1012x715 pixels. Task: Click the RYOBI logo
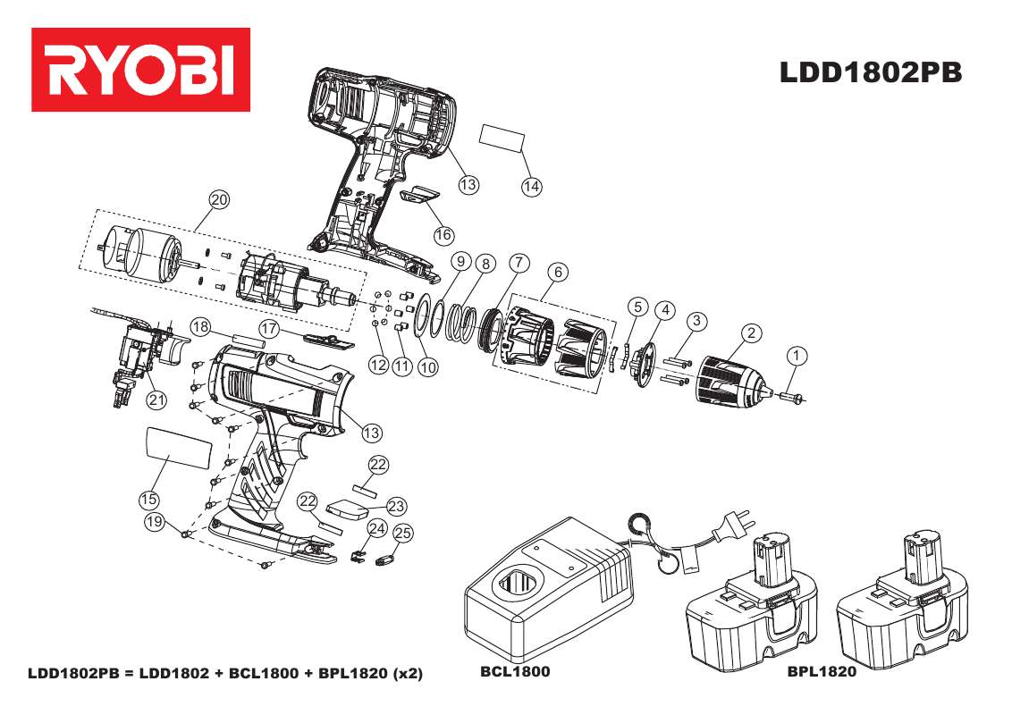tap(140, 70)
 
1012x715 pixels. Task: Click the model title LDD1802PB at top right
tap(871, 73)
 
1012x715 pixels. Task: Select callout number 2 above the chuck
tap(752, 333)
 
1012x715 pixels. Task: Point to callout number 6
tap(557, 271)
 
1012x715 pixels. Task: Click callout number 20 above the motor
tap(219, 199)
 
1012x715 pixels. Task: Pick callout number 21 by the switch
tap(157, 400)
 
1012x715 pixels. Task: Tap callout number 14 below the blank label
tap(532, 186)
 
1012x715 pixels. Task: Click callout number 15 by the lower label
tap(148, 497)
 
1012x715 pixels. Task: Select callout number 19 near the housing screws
tap(156, 522)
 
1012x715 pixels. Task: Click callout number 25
tap(403, 534)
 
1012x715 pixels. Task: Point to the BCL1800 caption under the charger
tap(514, 671)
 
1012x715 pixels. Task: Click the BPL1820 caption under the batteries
tap(822, 671)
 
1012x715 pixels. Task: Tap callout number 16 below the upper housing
tap(444, 234)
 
